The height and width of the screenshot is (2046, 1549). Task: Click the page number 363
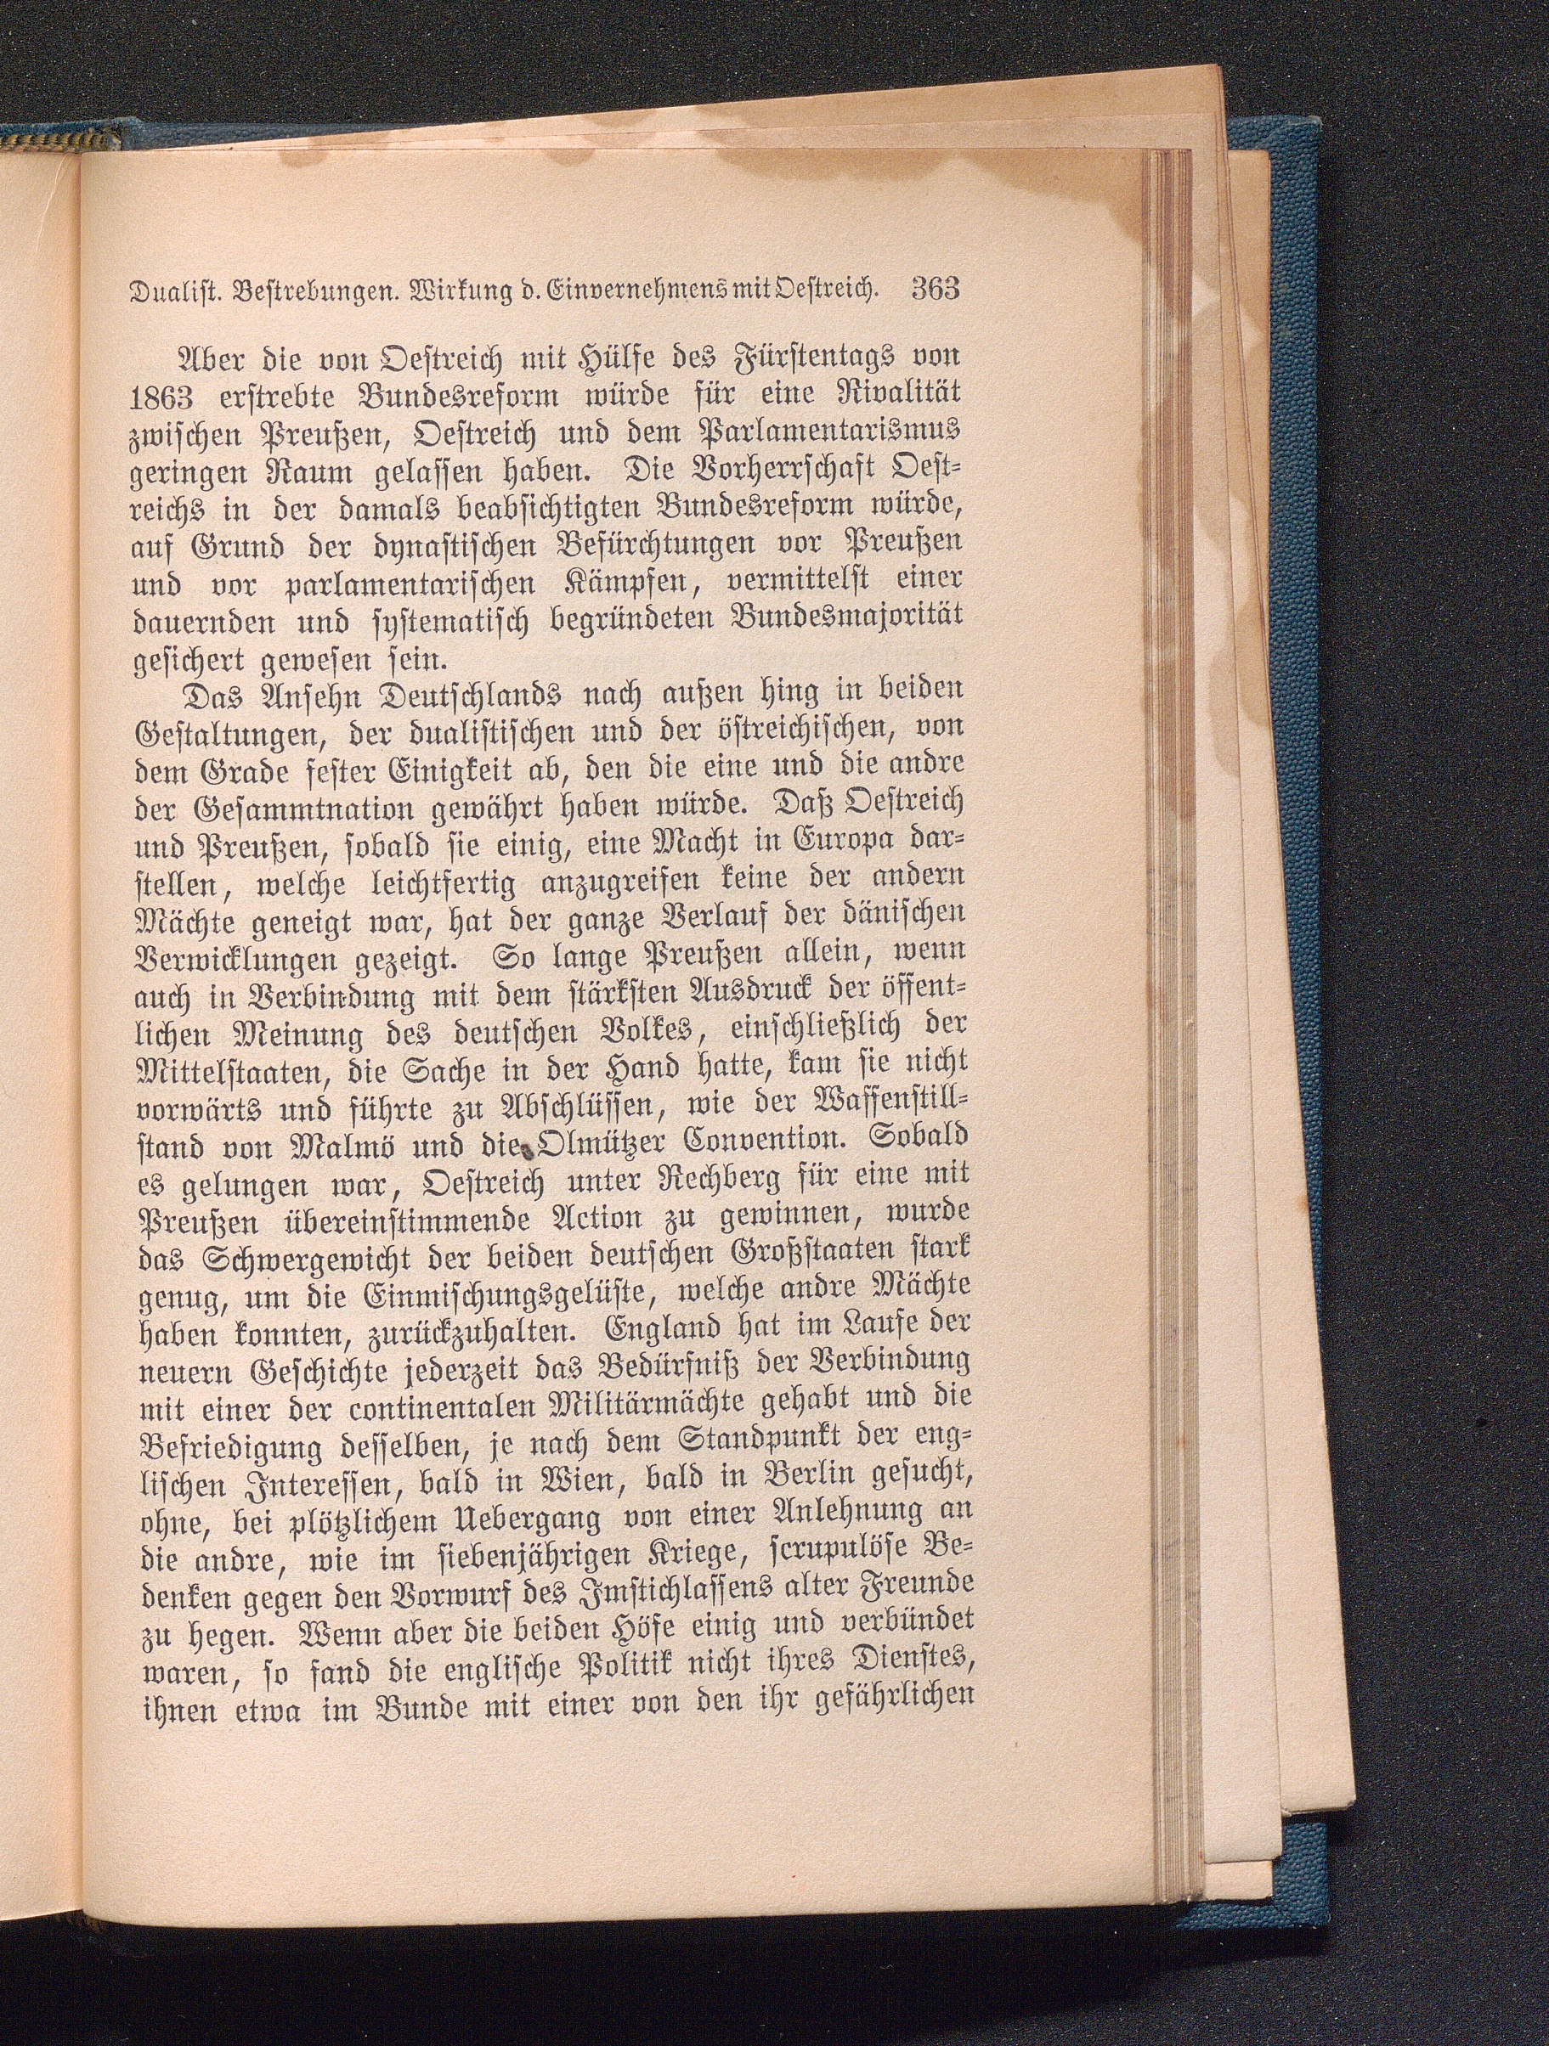(x=936, y=289)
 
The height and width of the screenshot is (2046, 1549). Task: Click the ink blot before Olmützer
(x=526, y=1152)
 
